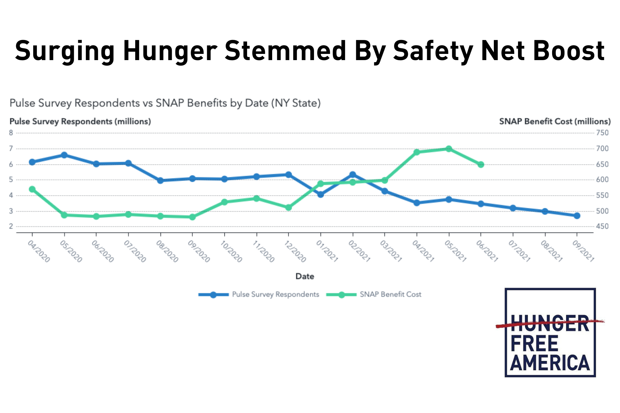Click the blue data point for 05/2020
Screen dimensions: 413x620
[x=64, y=155]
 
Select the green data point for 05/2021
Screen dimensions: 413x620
[x=449, y=149]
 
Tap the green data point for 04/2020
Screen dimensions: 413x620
[x=32, y=189]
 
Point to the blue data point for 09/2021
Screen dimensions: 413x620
[x=577, y=216]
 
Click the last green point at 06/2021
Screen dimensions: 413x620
[x=481, y=165]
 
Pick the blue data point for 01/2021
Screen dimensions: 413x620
[x=321, y=195]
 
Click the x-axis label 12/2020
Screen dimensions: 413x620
[x=295, y=252]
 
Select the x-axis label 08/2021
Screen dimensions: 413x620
[x=551, y=252]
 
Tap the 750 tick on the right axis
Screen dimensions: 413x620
[x=602, y=133]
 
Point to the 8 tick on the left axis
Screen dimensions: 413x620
[x=11, y=133]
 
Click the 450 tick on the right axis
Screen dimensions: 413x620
[x=602, y=226]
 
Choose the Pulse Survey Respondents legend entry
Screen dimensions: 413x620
[x=275, y=294]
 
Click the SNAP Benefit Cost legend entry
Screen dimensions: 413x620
[x=390, y=294]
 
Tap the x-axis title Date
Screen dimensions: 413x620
[x=305, y=276]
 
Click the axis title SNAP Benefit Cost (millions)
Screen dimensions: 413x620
[x=555, y=121]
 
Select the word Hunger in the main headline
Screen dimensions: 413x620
[x=170, y=51]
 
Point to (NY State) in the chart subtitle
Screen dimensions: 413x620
[x=296, y=103]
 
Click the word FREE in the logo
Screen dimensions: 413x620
[x=534, y=344]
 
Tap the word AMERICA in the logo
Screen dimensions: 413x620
[x=550, y=363]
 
